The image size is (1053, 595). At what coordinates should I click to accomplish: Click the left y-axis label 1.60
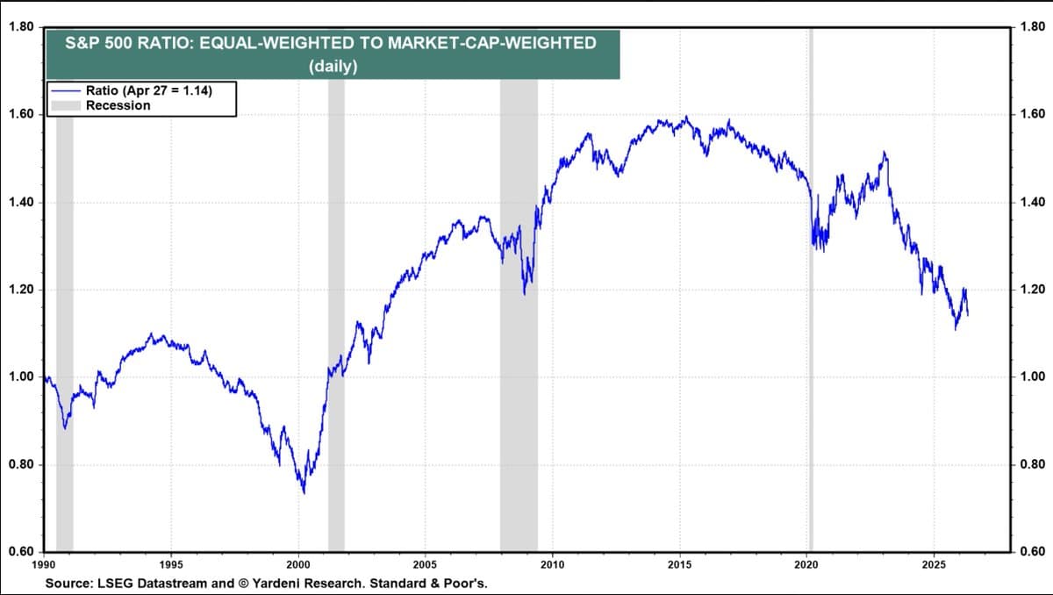pyautogui.click(x=20, y=115)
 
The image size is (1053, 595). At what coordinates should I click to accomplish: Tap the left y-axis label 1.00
pyautogui.click(x=20, y=377)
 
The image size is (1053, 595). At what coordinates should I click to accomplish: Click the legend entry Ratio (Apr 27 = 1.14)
pyautogui.click(x=147, y=90)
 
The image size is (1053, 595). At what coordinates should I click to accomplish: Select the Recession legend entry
pyautogui.click(x=118, y=105)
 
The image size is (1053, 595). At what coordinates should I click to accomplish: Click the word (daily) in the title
pyautogui.click(x=333, y=66)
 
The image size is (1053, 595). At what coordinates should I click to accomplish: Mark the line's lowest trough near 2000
pyautogui.click(x=304, y=492)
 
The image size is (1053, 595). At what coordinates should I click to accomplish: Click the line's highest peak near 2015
pyautogui.click(x=686, y=117)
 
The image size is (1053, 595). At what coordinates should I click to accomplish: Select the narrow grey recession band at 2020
pyautogui.click(x=811, y=351)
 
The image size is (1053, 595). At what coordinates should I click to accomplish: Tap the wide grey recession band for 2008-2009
pyautogui.click(x=519, y=395)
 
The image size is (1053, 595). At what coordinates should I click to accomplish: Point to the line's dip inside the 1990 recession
pyautogui.click(x=64, y=427)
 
